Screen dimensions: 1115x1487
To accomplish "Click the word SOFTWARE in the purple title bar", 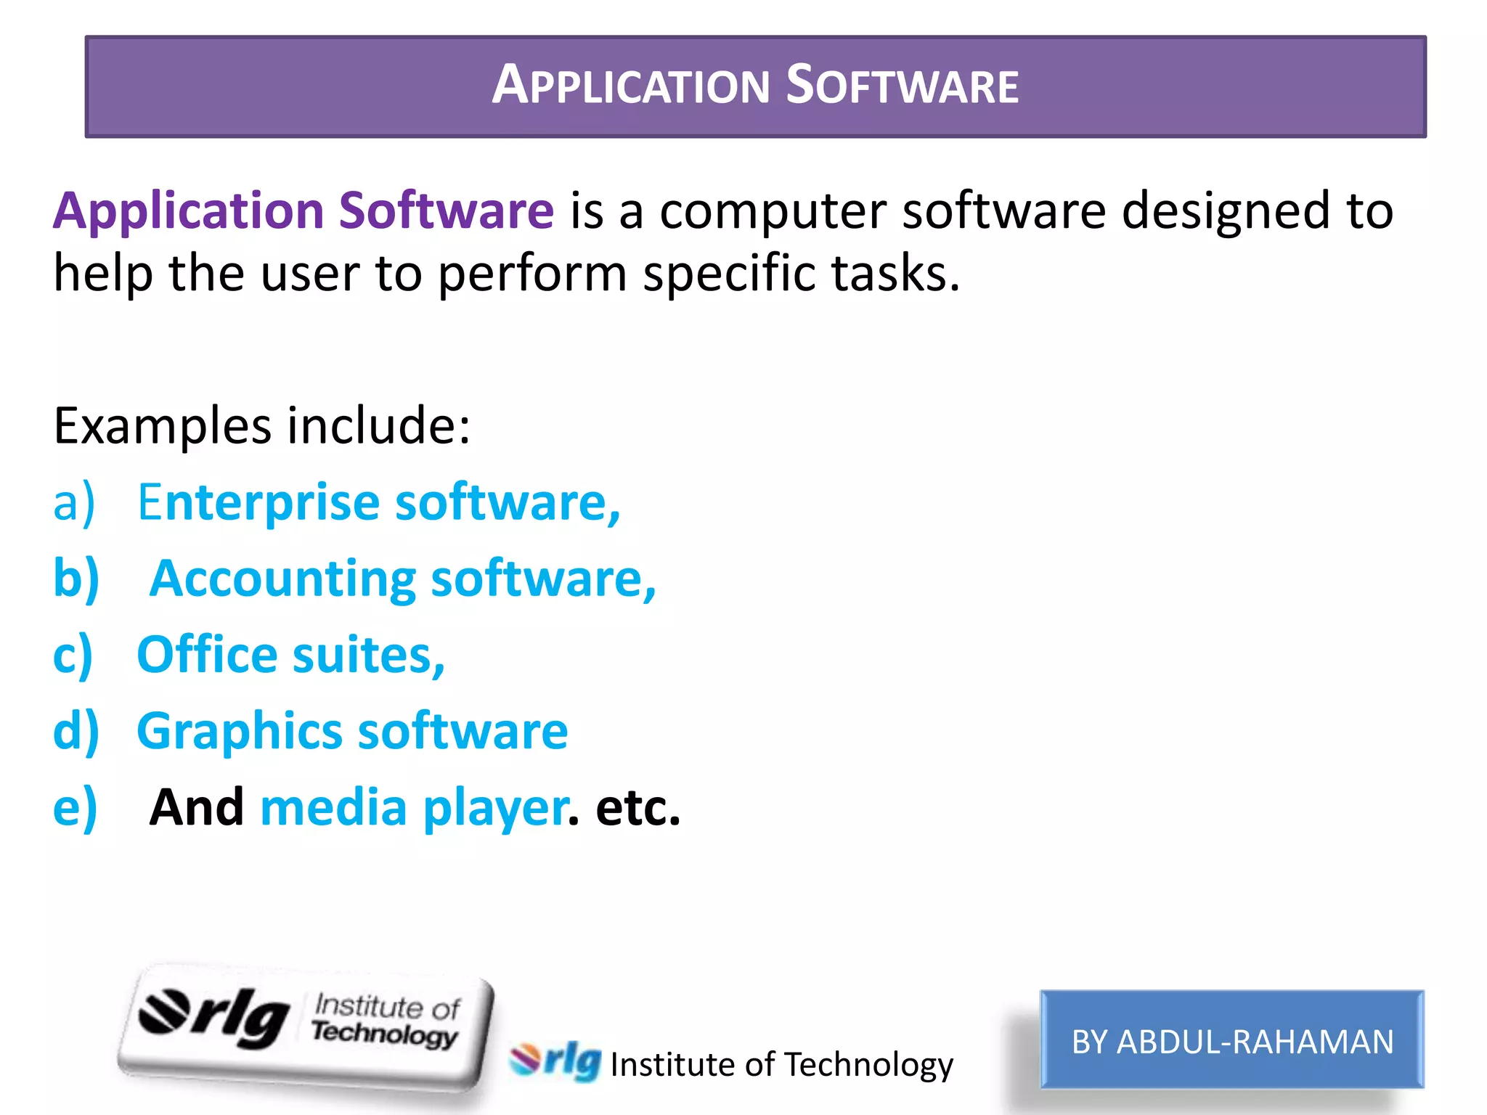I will [903, 86].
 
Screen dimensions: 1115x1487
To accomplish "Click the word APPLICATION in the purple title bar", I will [630, 86].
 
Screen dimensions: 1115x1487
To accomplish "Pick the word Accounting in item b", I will [283, 579].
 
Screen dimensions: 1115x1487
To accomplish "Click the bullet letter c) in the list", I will [73, 655].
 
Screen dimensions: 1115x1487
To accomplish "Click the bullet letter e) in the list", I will [75, 808].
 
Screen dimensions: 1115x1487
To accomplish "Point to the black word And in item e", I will [197, 807].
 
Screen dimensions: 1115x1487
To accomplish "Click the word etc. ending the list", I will [637, 808].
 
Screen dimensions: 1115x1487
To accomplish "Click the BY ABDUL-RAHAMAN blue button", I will [1232, 1040].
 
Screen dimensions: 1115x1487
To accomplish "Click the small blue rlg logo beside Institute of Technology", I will [556, 1061].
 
